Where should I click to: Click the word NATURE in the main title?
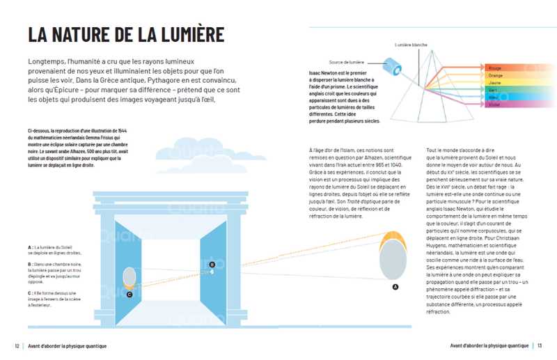[87, 34]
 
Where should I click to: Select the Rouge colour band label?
[495, 68]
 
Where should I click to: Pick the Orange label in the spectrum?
[496, 75]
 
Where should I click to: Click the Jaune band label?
[495, 83]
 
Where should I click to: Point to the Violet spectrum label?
[494, 105]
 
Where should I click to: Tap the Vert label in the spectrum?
[493, 91]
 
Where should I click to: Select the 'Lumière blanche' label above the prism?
[411, 45]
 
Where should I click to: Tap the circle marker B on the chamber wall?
[212, 264]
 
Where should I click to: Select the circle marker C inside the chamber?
[130, 294]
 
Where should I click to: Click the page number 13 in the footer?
[540, 346]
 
